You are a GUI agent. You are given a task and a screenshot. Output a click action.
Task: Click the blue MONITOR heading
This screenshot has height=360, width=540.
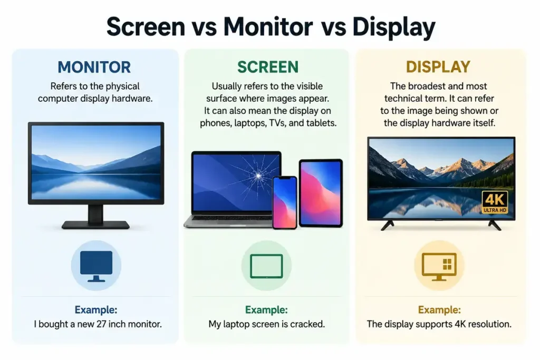coord(94,67)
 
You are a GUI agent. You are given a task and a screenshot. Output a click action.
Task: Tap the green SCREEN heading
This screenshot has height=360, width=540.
coord(267,67)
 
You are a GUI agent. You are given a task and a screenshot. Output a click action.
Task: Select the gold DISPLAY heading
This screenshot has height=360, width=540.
coord(438,67)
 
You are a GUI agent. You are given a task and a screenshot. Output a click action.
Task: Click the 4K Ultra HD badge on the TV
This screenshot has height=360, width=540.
coord(495,202)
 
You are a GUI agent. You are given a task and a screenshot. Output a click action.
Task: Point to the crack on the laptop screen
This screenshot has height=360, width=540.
coord(257,176)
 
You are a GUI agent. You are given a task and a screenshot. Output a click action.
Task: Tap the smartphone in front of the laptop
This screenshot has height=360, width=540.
coord(285,202)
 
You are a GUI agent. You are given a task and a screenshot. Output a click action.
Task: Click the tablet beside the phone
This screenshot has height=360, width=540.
coord(321,193)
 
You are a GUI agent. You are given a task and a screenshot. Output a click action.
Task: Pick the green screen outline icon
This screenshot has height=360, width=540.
coord(266,266)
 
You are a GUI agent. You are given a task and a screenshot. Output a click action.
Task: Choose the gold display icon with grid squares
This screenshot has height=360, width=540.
coord(439,267)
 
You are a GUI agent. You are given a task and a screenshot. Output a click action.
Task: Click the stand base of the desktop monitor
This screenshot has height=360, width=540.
coord(96,225)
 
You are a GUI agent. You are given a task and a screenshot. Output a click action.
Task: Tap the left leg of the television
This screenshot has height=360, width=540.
coord(388,226)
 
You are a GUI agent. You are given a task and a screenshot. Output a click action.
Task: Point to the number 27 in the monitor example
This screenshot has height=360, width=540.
coord(101,324)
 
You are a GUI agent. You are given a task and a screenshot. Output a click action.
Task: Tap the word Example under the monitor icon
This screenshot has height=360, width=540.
coord(96,310)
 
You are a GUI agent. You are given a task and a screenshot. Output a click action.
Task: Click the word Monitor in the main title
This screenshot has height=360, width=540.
coord(268,26)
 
